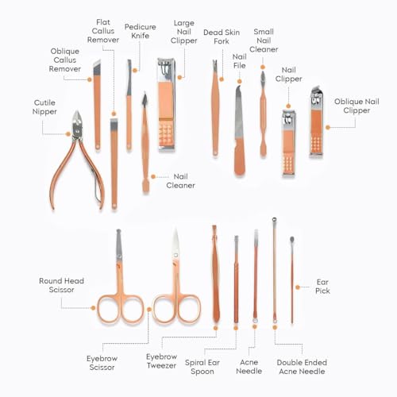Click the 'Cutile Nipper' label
(x=44, y=107)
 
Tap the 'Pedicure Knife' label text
(x=141, y=31)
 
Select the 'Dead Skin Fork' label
(x=222, y=37)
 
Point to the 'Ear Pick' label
(x=322, y=287)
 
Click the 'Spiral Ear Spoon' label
(x=202, y=367)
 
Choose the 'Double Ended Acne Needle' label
(x=302, y=367)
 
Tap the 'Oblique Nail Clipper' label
(x=357, y=106)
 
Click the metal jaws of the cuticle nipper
(x=77, y=125)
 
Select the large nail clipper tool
(x=166, y=105)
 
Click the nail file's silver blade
(x=239, y=113)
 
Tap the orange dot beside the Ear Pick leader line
(x=298, y=287)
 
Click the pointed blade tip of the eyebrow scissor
(x=175, y=229)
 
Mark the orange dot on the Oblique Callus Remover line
(x=90, y=79)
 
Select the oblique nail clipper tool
(x=317, y=121)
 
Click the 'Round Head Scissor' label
(x=61, y=285)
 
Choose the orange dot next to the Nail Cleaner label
(x=153, y=176)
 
